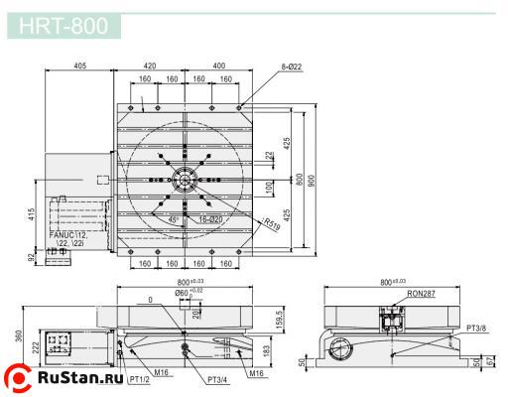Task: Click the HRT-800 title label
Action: [64, 25]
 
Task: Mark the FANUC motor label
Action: [68, 239]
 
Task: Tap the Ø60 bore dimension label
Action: [184, 293]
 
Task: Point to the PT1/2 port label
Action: [138, 380]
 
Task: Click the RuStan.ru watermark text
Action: [78, 378]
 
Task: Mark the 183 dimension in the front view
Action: [267, 350]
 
